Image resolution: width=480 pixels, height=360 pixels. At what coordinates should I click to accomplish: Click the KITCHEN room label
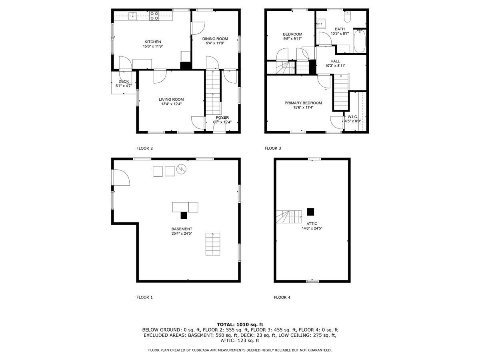152,42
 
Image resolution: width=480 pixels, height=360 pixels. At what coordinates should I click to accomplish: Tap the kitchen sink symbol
133,16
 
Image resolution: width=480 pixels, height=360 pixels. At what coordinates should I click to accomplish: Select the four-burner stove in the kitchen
154,16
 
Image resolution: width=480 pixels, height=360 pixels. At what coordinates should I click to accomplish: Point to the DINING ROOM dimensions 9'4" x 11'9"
215,43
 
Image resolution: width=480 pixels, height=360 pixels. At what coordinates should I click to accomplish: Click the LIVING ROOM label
171,100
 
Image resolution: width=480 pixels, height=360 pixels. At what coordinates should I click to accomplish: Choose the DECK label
124,81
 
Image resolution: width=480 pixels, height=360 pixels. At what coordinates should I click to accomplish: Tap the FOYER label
222,118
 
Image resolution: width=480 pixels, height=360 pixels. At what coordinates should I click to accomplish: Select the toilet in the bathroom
347,17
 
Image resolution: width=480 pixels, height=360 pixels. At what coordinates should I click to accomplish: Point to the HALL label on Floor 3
335,61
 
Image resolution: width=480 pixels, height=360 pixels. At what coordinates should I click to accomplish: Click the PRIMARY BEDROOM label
303,103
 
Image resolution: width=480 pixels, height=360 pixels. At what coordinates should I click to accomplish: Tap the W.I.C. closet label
352,117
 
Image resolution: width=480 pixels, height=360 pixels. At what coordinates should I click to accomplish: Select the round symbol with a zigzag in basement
182,169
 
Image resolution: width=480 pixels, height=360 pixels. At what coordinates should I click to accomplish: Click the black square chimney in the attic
310,211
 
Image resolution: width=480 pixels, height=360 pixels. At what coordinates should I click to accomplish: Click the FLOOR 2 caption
144,148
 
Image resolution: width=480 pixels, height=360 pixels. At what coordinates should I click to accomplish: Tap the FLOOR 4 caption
282,297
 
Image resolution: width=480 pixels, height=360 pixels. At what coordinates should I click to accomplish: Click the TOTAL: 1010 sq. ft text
240,324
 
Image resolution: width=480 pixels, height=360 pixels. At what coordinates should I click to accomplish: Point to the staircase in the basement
213,244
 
